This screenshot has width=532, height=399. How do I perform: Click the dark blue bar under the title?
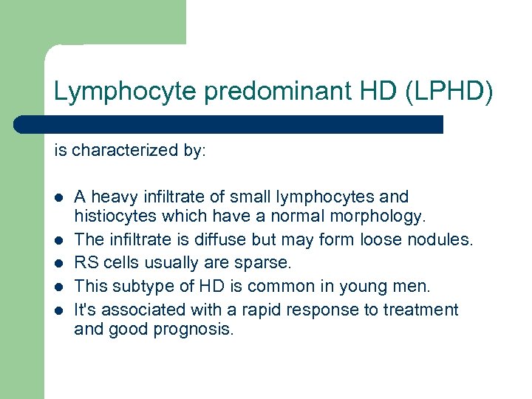229,124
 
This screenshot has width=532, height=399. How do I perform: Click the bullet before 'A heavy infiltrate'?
58,198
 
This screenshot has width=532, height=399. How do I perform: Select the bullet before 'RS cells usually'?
58,263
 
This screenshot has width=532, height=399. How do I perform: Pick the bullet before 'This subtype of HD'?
58,287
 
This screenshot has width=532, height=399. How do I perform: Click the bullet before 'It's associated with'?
58,310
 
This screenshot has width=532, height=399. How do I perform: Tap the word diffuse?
219,240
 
